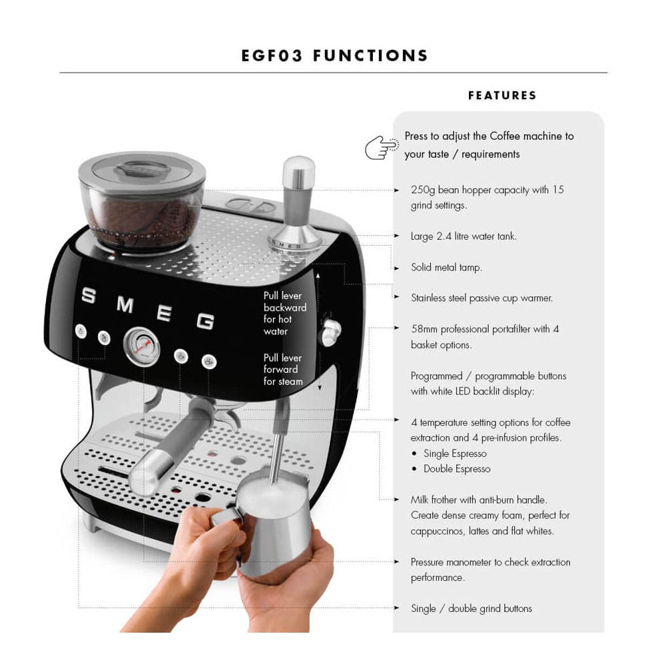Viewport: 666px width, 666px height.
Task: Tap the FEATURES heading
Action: point(502,95)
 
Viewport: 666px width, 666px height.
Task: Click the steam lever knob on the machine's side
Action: point(329,331)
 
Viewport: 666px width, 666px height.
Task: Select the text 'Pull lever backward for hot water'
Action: point(285,313)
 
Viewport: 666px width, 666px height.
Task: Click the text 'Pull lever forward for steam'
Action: point(283,370)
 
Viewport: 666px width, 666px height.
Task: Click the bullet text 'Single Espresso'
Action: point(455,454)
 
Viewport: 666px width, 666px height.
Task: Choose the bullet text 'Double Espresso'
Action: point(457,469)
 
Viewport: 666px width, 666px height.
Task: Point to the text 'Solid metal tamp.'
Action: point(446,268)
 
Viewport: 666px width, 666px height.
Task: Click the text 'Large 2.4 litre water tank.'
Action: point(464,236)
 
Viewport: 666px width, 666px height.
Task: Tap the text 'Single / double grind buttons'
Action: point(472,608)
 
